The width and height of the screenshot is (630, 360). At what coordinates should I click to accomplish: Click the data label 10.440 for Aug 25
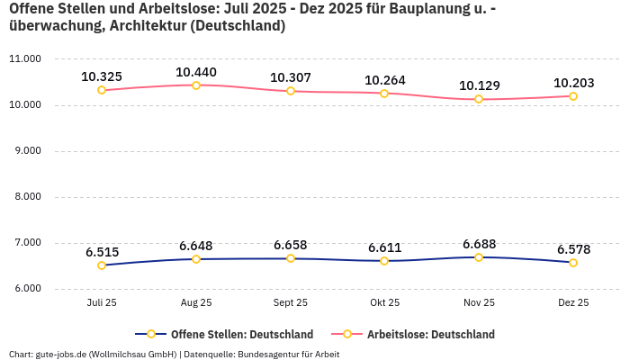click(x=196, y=72)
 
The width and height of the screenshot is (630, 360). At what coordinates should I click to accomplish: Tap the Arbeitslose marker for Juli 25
click(x=102, y=90)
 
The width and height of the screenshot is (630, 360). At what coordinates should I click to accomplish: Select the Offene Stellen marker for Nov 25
click(x=479, y=257)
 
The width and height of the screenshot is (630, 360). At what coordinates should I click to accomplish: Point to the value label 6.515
click(x=102, y=252)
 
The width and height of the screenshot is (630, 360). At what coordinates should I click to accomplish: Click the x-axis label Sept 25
click(x=291, y=303)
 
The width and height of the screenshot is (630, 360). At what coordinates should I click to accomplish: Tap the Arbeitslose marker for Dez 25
click(x=573, y=96)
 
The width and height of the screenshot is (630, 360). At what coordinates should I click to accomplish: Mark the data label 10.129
click(x=479, y=85)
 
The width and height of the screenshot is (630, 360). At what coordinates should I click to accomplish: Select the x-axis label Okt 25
click(x=384, y=303)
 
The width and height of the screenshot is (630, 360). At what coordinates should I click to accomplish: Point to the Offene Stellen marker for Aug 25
click(x=196, y=259)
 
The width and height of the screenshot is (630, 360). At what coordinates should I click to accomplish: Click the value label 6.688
click(x=479, y=244)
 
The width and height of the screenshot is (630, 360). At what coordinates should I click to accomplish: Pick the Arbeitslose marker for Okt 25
click(x=384, y=94)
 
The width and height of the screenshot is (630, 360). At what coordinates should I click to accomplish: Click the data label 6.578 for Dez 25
click(x=573, y=249)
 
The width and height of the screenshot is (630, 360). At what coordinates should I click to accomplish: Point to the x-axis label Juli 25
click(x=102, y=303)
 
